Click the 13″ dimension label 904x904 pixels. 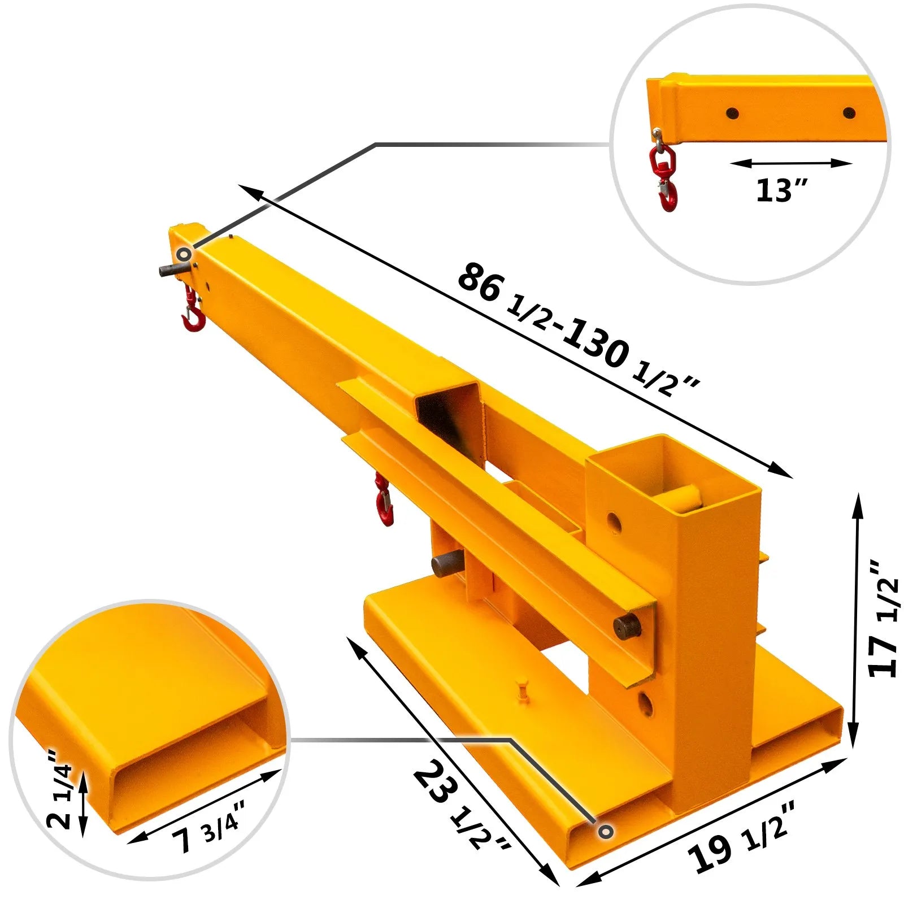[782, 190]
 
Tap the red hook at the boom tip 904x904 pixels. [193, 314]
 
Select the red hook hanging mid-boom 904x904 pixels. [384, 501]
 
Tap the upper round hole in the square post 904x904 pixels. [614, 523]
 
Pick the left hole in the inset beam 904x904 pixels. [732, 112]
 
